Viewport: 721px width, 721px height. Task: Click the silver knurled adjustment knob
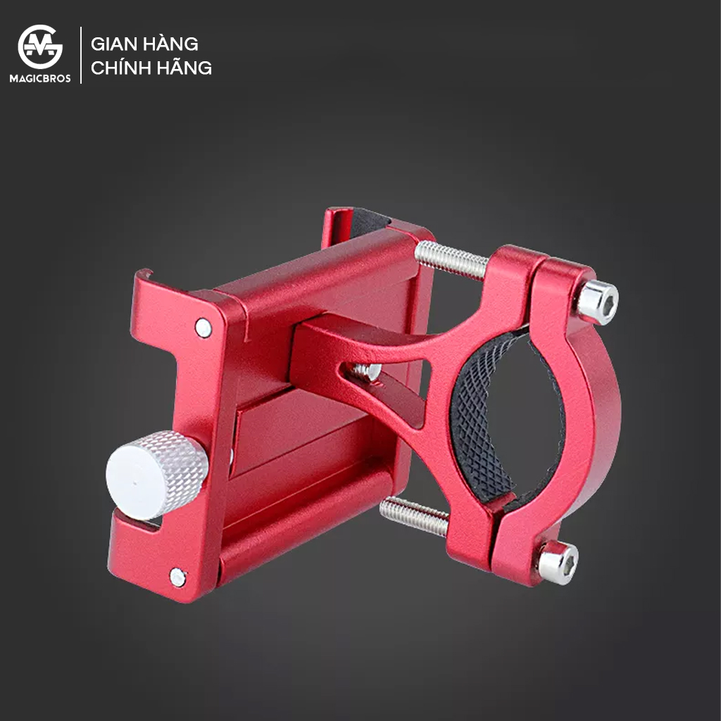156,475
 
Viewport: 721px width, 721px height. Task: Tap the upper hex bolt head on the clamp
597,302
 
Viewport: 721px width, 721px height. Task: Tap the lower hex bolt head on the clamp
558,563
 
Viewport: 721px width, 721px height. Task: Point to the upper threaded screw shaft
451,261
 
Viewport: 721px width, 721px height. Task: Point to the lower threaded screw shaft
414,516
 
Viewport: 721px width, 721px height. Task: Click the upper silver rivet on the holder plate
203,327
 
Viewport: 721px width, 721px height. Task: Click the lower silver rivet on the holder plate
178,577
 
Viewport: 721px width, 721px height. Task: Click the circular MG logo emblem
40,47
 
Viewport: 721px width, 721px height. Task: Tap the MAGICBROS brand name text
40,79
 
